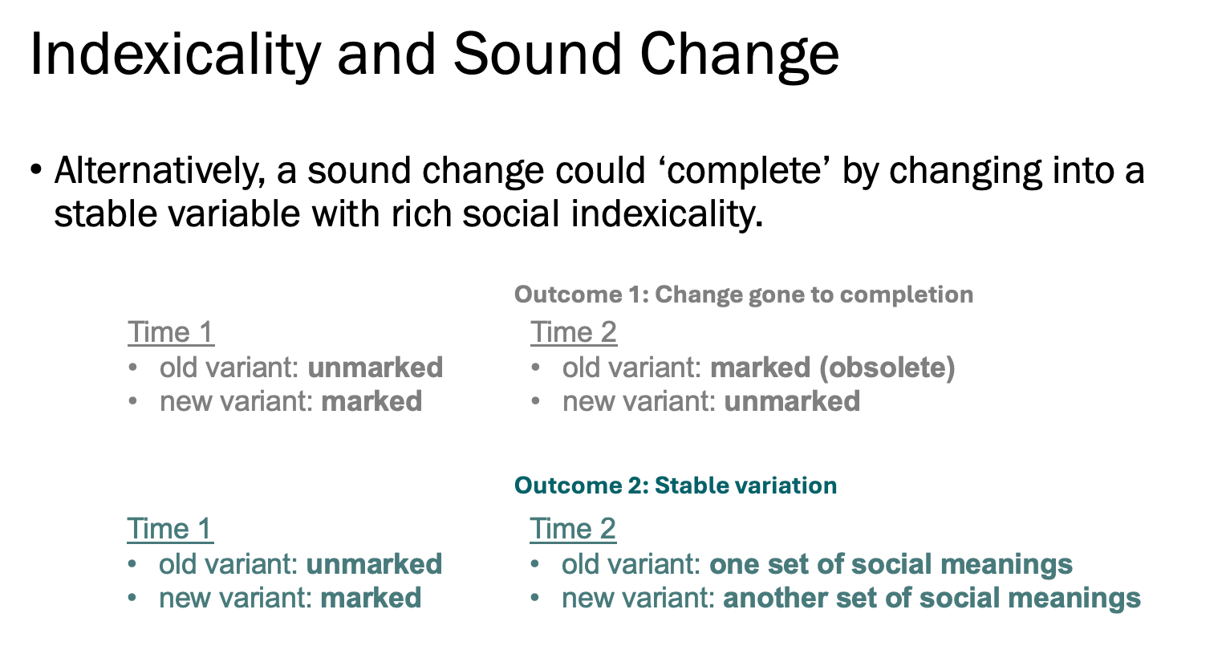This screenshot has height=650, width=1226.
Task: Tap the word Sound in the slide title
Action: pyautogui.click(x=538, y=55)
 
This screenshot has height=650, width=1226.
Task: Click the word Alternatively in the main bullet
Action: pyautogui.click(x=160, y=172)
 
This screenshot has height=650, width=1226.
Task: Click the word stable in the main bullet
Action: pyautogui.click(x=106, y=213)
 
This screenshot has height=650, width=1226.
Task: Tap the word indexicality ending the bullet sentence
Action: pyautogui.click(x=667, y=214)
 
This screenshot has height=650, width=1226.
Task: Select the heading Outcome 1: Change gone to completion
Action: pyautogui.click(x=744, y=295)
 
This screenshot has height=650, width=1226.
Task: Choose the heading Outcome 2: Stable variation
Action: pyautogui.click(x=676, y=485)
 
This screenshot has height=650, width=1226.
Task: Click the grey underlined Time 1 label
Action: pyautogui.click(x=171, y=332)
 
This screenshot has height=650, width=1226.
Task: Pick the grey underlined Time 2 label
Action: pyautogui.click(x=574, y=332)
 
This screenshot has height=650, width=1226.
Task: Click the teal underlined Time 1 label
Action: pyautogui.click(x=170, y=529)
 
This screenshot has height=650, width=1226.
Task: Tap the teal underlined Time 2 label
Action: pyautogui.click(x=573, y=529)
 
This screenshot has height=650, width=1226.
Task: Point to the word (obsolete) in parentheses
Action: pyautogui.click(x=887, y=368)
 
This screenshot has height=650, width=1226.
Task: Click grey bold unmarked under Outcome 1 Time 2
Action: pyautogui.click(x=792, y=401)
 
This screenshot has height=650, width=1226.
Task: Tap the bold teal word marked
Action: pyautogui.click(x=371, y=598)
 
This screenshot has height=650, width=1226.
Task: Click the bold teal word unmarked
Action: pyautogui.click(x=374, y=564)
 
